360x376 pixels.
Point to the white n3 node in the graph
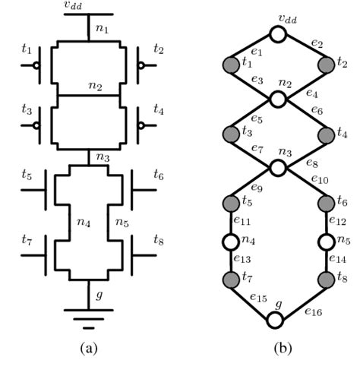click(278, 169)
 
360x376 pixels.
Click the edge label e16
click(314, 311)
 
